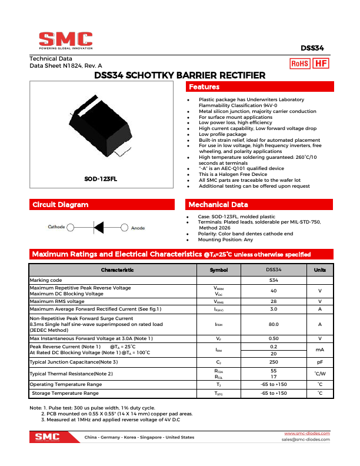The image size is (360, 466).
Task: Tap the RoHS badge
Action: (301, 64)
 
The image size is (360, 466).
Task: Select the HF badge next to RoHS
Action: (321, 64)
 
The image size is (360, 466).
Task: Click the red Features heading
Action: (204, 87)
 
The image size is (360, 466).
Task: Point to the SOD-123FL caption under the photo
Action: (101, 178)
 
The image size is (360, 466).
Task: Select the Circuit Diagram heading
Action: (60, 205)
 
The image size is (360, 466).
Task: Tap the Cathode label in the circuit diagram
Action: (56, 227)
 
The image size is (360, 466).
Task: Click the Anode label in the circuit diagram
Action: (138, 228)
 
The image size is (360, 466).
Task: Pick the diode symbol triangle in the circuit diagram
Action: (98, 227)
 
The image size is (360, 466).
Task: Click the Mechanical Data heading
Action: (218, 205)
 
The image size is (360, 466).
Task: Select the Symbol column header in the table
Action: (218, 269)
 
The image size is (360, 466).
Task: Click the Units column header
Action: (319, 269)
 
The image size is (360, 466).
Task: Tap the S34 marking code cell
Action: (274, 281)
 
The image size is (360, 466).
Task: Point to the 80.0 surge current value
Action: (274, 324)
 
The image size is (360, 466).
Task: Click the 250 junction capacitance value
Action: (274, 362)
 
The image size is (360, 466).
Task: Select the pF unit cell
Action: (319, 362)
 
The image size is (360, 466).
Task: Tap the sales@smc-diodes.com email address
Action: (305, 440)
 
